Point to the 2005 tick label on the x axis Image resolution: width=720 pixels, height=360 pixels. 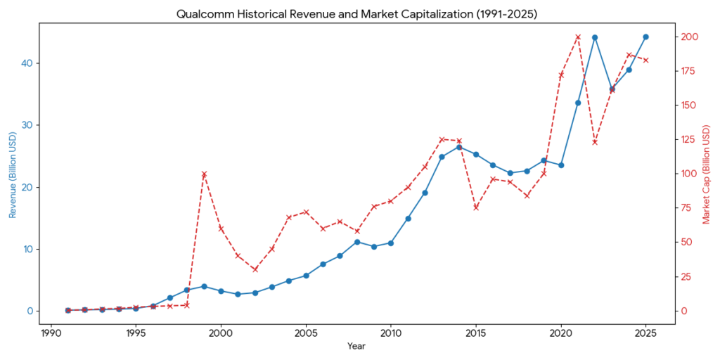pyautogui.click(x=306, y=333)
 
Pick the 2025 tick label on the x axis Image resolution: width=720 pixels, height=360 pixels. pyautogui.click(x=645, y=333)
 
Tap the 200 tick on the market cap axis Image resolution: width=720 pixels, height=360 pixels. pyautogui.click(x=689, y=37)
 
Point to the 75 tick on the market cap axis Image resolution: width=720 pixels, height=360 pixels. pyautogui.click(x=687, y=208)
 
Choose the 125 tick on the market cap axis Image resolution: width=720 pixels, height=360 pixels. pyautogui.click(x=689, y=139)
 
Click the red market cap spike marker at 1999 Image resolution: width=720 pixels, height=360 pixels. pyautogui.click(x=204, y=174)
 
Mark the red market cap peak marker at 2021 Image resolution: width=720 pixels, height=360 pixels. pyautogui.click(x=578, y=37)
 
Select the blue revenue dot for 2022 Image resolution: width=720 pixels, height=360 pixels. pyautogui.click(x=595, y=37)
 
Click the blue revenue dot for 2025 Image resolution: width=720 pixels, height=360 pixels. pyautogui.click(x=645, y=37)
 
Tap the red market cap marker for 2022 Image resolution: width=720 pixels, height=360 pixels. pyautogui.click(x=595, y=142)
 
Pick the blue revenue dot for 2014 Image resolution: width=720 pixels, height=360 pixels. pyautogui.click(x=459, y=147)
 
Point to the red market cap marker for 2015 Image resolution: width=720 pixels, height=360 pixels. pyautogui.click(x=476, y=207)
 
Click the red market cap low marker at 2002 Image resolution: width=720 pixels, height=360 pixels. pyautogui.click(x=255, y=269)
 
